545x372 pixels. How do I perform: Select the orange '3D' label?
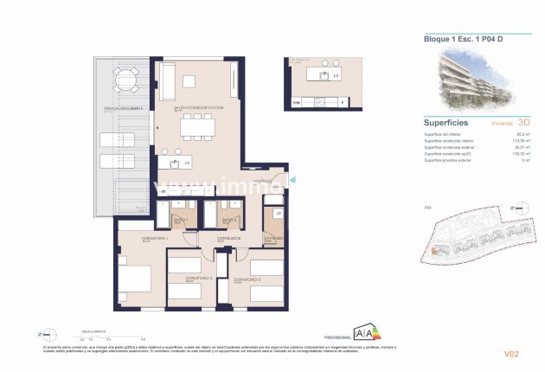coord(523,124)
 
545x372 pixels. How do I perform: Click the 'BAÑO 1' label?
coord(181,220)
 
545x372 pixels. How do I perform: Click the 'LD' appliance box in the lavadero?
coord(278,214)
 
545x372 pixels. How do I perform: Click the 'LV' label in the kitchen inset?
coord(335,77)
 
